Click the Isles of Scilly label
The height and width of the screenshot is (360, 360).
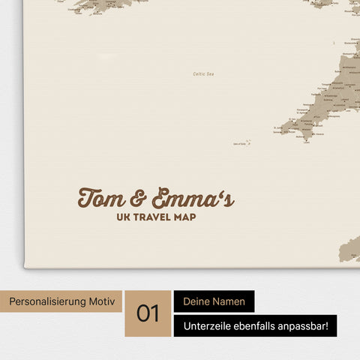click(x=241, y=143)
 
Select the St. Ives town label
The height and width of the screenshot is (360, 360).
click(x=277, y=127)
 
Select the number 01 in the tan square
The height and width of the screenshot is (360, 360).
click(x=148, y=313)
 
